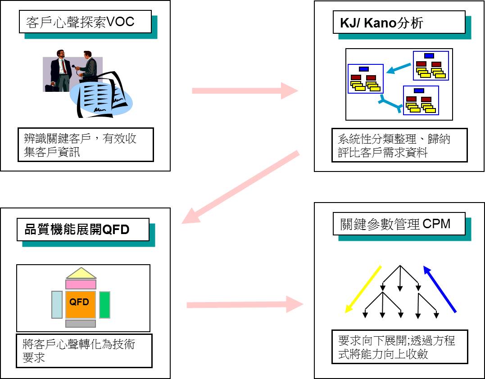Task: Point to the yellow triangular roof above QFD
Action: coord(81,274)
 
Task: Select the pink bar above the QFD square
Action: coord(81,284)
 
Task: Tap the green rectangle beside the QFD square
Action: coord(104,305)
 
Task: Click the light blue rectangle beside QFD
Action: coord(57,305)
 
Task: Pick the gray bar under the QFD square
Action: coord(81,324)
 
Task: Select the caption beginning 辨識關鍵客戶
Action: coord(86,145)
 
